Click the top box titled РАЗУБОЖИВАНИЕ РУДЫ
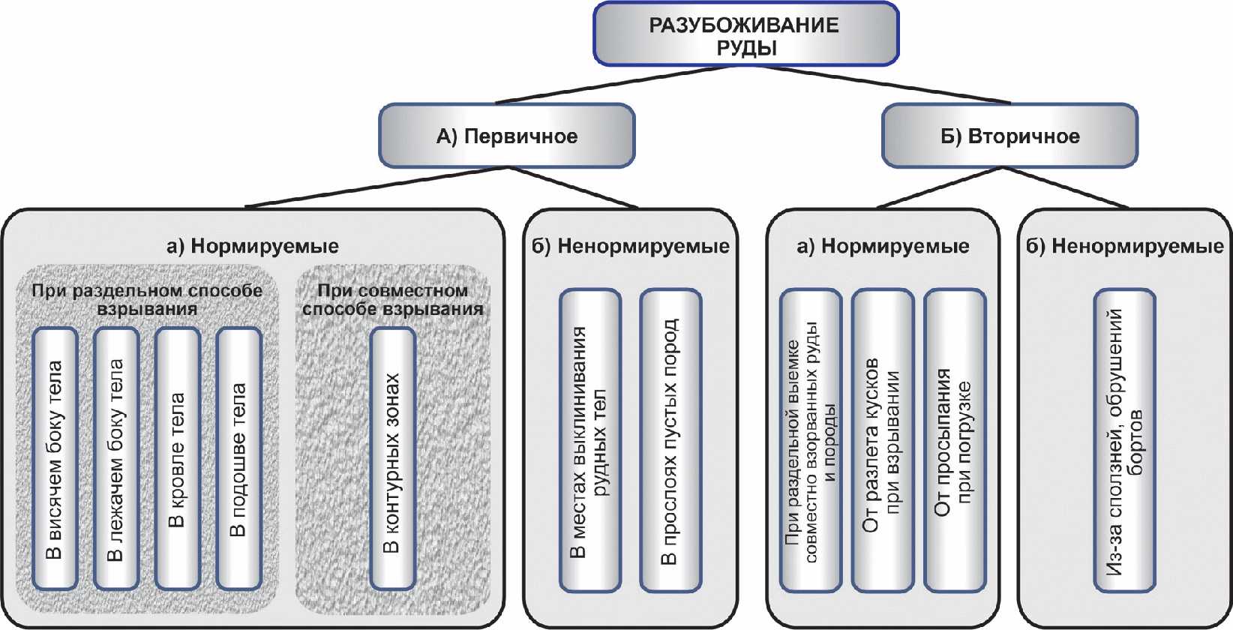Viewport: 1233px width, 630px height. coord(745,34)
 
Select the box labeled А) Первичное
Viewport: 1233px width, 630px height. coord(506,135)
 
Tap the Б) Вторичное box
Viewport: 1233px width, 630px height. coord(1009,135)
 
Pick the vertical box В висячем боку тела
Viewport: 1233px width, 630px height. coord(55,458)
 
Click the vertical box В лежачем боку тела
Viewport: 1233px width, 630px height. coord(116,458)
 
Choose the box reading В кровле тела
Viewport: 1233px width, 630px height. coord(177,458)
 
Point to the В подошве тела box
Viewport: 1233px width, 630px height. coord(238,458)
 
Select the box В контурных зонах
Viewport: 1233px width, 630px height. coord(392,458)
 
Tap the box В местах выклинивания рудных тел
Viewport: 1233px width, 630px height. coord(590,440)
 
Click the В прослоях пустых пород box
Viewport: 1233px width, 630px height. coord(670,440)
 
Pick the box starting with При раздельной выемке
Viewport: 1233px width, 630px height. coord(811,440)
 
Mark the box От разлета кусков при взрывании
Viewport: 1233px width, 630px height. coord(883,440)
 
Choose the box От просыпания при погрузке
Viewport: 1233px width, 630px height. coord(955,440)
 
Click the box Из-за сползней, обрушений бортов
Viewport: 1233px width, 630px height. coord(1124,440)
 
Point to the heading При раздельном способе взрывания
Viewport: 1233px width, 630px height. coord(147,299)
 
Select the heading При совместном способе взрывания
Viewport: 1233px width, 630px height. coord(393,299)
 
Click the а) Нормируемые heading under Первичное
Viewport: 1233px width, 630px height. coord(253,246)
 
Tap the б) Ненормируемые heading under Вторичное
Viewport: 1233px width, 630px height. coord(1125,246)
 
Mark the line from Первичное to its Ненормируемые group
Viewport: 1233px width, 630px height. coord(572,187)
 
